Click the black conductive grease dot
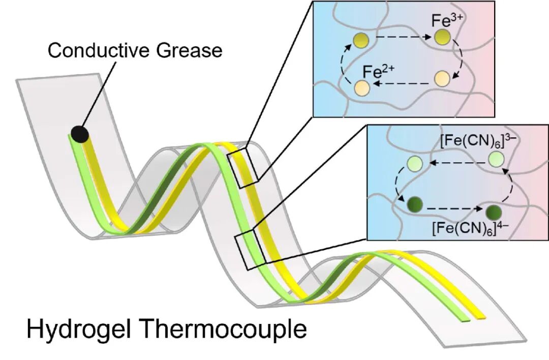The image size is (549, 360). pos(80,134)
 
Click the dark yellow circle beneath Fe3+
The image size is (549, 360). pos(442,37)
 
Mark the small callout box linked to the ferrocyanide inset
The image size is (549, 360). pos(248,249)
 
